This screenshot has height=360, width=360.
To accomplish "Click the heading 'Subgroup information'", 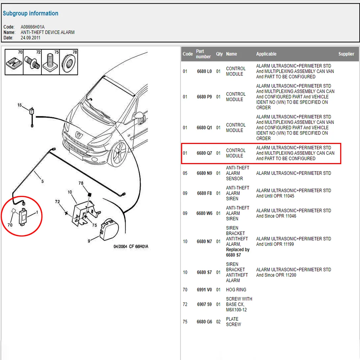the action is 31,14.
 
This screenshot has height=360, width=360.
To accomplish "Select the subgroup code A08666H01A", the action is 33,27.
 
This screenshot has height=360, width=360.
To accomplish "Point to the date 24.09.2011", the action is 30,38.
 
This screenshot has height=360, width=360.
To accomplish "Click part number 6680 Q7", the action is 204,153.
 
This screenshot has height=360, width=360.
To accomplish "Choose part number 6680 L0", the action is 204,71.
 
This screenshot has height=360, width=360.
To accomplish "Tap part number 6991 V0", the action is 204,290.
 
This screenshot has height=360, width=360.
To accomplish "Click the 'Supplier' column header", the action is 346,54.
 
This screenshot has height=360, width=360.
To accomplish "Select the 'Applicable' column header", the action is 266,54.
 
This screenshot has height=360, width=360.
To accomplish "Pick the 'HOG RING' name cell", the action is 236,290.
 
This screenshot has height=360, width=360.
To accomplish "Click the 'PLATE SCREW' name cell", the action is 233,321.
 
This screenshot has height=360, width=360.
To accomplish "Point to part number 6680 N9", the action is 204,173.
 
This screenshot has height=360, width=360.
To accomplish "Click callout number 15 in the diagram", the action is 19,105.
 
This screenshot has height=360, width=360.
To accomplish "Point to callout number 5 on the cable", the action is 42,181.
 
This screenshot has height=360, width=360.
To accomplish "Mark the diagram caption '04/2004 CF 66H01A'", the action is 131,247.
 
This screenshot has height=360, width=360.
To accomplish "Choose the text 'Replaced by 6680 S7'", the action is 238,252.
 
